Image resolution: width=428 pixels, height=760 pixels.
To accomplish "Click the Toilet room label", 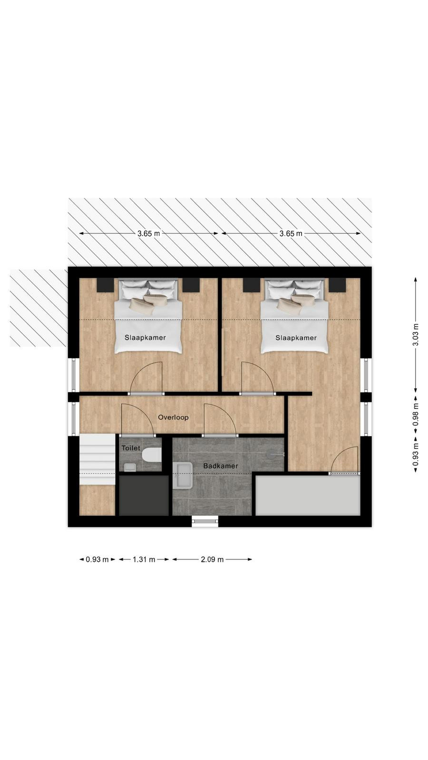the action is [x=131, y=448].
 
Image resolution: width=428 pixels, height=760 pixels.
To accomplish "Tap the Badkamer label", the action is [x=221, y=466].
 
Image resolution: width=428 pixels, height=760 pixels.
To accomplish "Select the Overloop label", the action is [x=173, y=418].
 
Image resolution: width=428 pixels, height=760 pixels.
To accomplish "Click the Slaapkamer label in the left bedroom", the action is [x=145, y=338].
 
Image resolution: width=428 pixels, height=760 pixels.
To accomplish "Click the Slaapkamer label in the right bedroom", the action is [x=296, y=338].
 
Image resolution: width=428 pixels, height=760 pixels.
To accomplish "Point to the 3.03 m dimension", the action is [x=416, y=334].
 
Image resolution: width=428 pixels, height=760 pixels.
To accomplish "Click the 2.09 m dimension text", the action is [x=212, y=560].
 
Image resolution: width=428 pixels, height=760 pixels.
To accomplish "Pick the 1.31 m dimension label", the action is [x=144, y=560].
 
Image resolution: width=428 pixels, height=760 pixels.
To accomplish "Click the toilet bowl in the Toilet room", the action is [x=152, y=455].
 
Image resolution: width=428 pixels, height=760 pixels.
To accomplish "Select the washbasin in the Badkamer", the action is [x=183, y=475].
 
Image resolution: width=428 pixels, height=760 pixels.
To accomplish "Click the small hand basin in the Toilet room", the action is [x=130, y=467].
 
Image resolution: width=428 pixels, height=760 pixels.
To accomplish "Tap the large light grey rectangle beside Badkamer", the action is [x=308, y=495].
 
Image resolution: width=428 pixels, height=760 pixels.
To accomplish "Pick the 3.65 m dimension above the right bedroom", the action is [x=291, y=233].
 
